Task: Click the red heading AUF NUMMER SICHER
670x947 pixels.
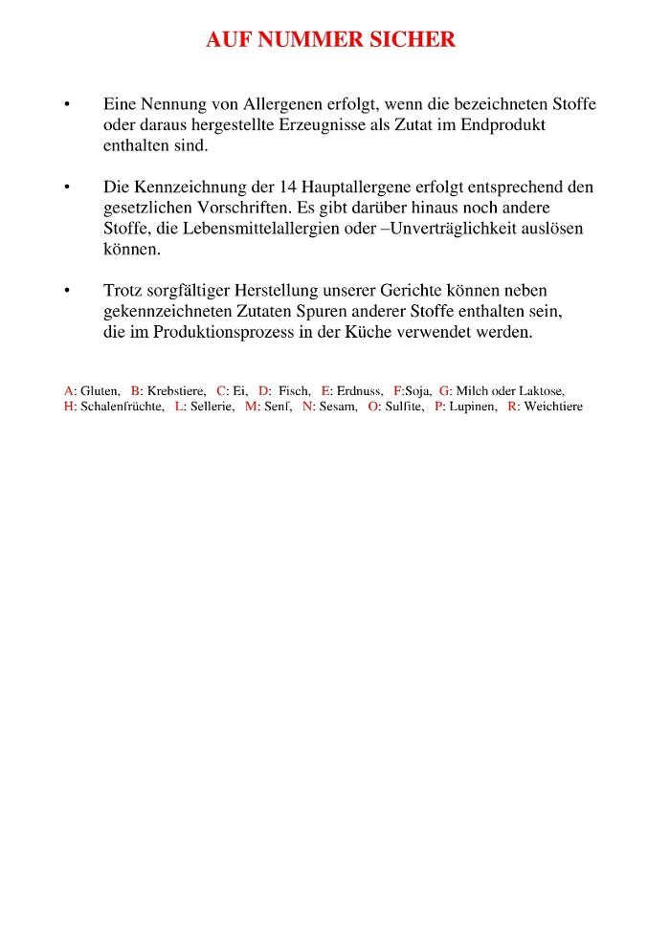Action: [331, 40]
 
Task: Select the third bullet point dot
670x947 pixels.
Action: [67, 290]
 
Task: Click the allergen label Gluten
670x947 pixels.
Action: [100, 391]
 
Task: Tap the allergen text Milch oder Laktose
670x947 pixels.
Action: [509, 391]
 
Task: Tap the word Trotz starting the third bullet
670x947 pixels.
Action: [122, 290]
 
